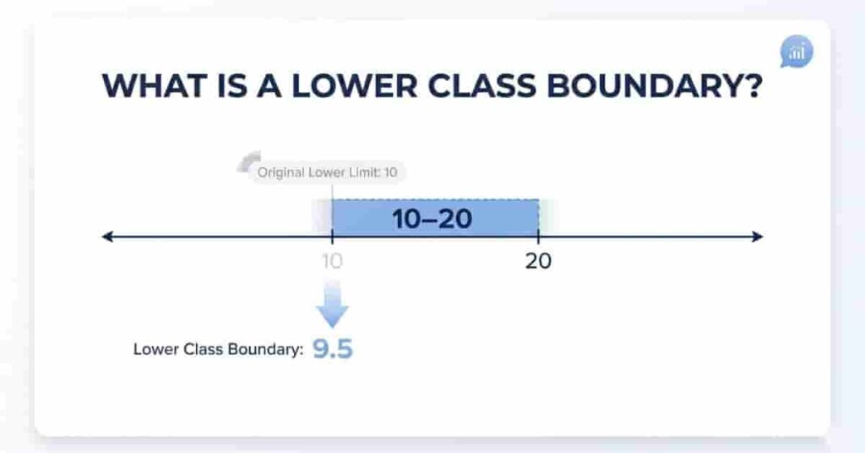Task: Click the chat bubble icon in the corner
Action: [x=796, y=53]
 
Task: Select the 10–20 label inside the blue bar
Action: [x=432, y=219]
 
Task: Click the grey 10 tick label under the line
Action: [x=332, y=261]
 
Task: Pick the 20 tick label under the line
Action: [x=538, y=261]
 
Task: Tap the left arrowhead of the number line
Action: [x=107, y=237]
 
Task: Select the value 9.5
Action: [x=332, y=349]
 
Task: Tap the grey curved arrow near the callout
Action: [x=249, y=161]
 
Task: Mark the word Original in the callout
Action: [x=280, y=173]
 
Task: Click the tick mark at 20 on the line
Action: [x=538, y=237]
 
